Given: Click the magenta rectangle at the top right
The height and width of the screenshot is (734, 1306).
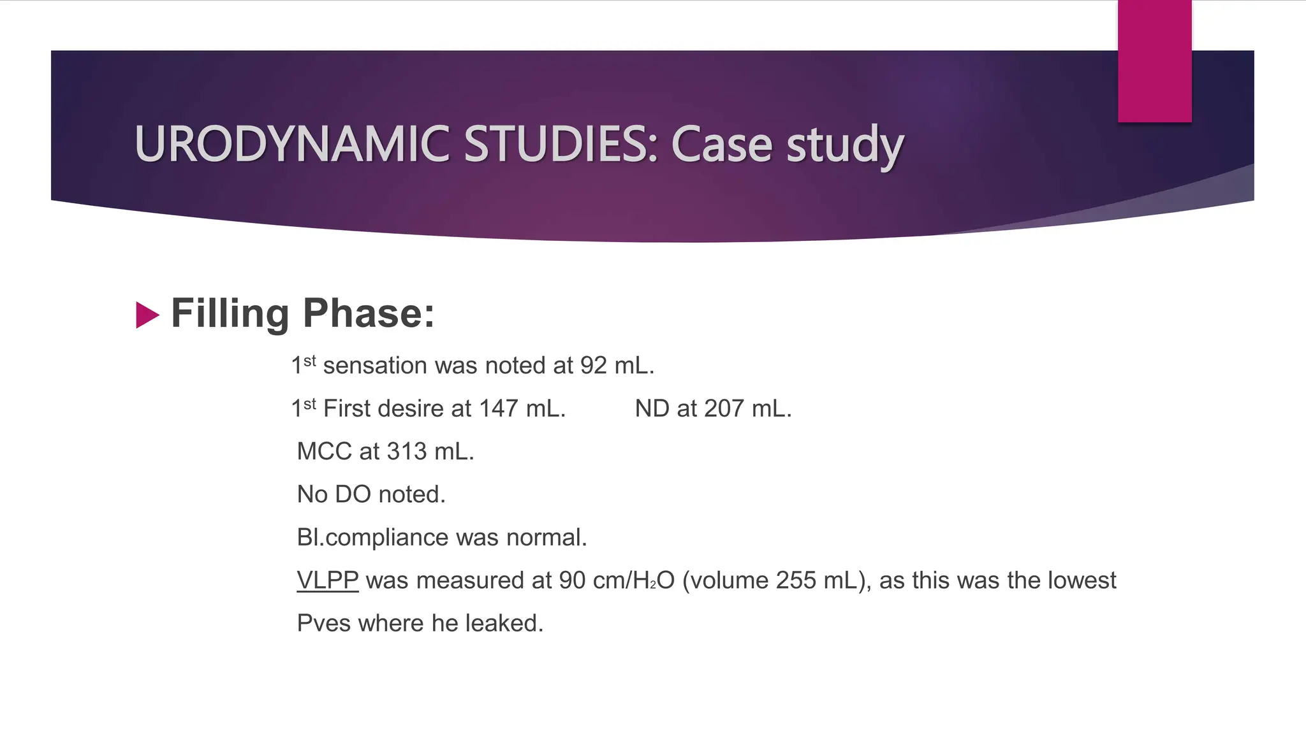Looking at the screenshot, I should tap(1154, 61).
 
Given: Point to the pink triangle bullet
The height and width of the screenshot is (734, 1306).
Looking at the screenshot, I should tap(147, 315).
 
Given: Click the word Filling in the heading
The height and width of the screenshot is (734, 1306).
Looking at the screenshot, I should tap(230, 313).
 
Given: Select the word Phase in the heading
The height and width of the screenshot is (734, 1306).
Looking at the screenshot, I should tap(368, 313).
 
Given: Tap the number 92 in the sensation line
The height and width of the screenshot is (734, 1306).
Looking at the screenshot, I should tap(593, 366).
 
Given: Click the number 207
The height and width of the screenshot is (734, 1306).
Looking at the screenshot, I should tap(724, 408).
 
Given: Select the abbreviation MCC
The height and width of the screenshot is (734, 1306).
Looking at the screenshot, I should tap(324, 452).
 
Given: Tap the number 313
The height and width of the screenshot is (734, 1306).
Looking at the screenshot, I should tap(406, 452).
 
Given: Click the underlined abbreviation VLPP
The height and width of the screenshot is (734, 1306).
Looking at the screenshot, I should tap(327, 580).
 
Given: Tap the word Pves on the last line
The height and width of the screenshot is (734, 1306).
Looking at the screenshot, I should tap(323, 623).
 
